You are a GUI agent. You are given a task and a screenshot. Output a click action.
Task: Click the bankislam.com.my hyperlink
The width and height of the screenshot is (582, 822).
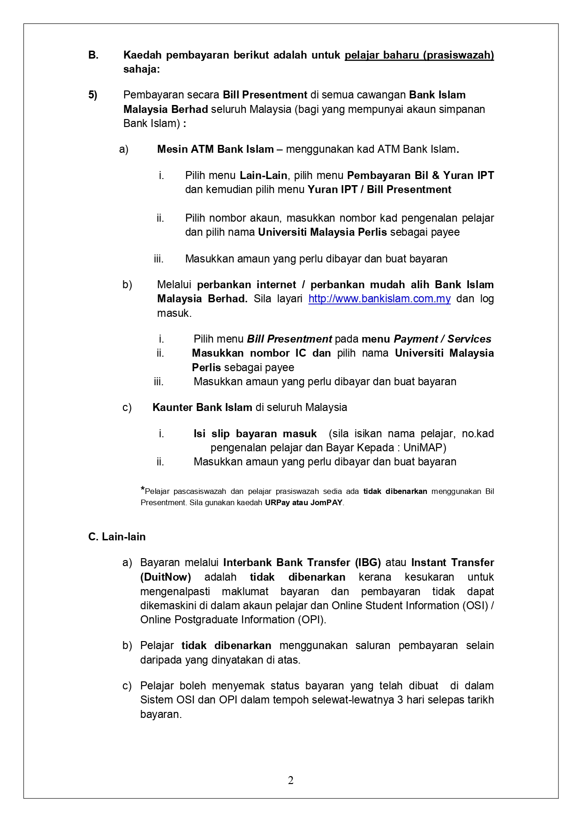click(x=379, y=299)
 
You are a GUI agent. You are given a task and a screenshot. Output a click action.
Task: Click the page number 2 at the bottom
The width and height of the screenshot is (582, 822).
click(x=291, y=780)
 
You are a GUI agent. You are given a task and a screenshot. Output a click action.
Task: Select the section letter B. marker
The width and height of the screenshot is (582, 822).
click(x=93, y=55)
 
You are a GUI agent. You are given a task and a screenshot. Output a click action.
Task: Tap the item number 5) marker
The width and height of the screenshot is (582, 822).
click(x=93, y=95)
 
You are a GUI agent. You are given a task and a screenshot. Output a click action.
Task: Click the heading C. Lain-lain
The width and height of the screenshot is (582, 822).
click(x=117, y=537)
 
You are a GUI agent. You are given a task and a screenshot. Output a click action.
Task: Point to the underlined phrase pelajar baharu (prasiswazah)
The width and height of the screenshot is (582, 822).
click(x=419, y=55)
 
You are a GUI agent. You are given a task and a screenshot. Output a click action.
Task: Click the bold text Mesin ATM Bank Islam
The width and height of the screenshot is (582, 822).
click(x=215, y=149)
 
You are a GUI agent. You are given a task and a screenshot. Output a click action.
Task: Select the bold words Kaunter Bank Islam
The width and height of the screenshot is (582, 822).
click(x=202, y=407)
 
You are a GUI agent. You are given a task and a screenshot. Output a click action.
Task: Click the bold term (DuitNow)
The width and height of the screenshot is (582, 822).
click(x=166, y=577)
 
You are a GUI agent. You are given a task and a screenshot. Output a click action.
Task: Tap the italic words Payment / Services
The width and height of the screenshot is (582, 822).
click(x=442, y=339)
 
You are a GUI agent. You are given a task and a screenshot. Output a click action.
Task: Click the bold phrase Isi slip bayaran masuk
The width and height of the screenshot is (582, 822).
click(x=255, y=433)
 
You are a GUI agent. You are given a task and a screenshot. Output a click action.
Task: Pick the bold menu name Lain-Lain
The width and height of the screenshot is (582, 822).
click(x=263, y=176)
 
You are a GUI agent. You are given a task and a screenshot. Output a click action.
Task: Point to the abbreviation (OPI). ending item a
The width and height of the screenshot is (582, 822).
click(x=311, y=620)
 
